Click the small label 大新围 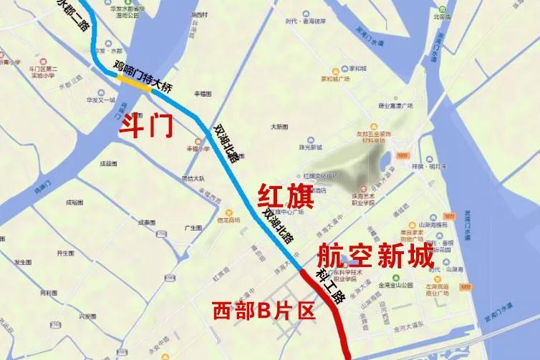pos(279,126)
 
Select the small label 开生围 pos(65,253)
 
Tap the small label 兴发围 pos(87,316)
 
